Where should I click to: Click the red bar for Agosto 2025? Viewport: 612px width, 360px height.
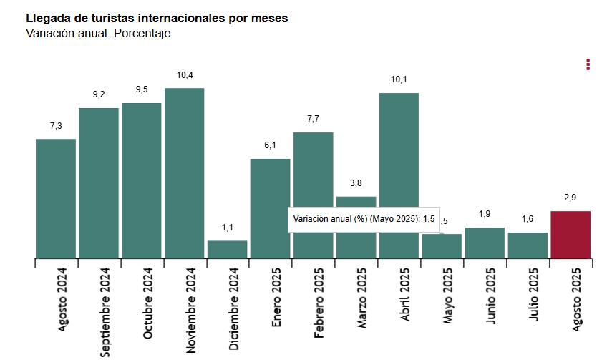pos(570,234)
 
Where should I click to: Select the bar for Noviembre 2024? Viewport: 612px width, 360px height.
pos(185,172)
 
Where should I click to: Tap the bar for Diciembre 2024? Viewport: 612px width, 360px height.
pos(228,249)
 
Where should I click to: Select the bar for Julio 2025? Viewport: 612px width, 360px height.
pos(528,245)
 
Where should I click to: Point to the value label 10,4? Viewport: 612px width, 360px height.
pos(185,75)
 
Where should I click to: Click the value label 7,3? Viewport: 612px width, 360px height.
pos(56,126)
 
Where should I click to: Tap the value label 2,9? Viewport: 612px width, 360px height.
pos(570,198)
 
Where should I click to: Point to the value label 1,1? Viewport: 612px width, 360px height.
pos(228,228)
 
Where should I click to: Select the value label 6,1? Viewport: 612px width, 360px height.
pos(271,145)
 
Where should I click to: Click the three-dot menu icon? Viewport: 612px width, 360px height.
pos(588,64)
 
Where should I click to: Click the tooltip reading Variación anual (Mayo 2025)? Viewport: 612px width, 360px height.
pos(364,219)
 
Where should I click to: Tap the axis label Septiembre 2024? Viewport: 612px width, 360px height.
pos(105,311)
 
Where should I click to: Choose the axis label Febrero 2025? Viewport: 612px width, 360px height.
pos(320,303)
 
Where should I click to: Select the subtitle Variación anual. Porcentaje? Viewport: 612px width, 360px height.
pos(98,33)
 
